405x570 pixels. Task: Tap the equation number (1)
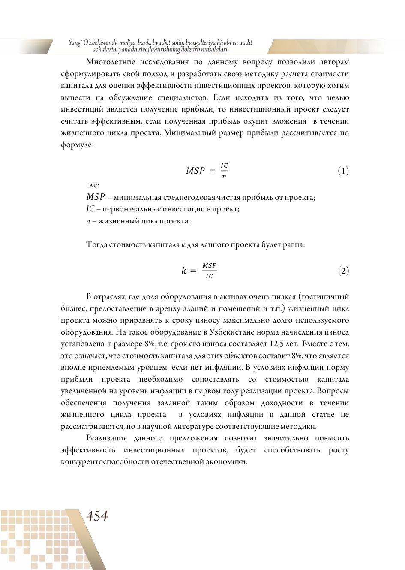point(343,171)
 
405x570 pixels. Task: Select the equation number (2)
point(343,271)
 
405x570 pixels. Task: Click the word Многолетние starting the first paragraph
point(111,62)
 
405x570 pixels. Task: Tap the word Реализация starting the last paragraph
point(107,438)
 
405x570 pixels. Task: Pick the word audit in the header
point(245,42)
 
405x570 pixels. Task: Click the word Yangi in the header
point(75,42)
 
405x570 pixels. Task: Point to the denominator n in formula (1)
point(224,176)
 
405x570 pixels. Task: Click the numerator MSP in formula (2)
point(210,266)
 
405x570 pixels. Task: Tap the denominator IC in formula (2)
point(209,276)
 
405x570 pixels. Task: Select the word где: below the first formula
point(93,185)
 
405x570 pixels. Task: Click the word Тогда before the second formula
point(97,245)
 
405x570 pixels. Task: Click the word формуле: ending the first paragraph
point(77,145)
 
